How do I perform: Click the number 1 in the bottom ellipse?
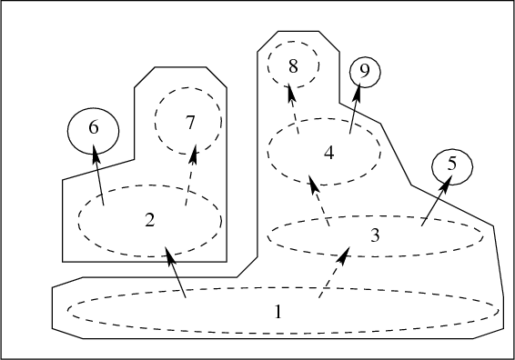[278, 312]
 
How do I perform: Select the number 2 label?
[150, 220]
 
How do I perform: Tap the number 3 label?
[375, 235]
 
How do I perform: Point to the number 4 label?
[329, 153]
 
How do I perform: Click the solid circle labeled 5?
[432, 167]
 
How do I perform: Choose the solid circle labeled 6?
[67, 131]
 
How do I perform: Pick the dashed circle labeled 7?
[155, 121]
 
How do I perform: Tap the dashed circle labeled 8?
[268, 65]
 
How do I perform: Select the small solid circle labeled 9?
[350, 72]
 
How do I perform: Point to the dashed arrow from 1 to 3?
[334, 273]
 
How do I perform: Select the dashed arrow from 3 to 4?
[319, 201]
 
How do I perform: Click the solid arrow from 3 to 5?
[437, 201]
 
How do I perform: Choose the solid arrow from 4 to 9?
[356, 108]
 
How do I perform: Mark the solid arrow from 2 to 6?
[98, 175]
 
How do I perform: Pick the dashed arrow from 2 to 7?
[191, 175]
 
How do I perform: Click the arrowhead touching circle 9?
[358, 92]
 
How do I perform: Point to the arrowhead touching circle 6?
[96, 154]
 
